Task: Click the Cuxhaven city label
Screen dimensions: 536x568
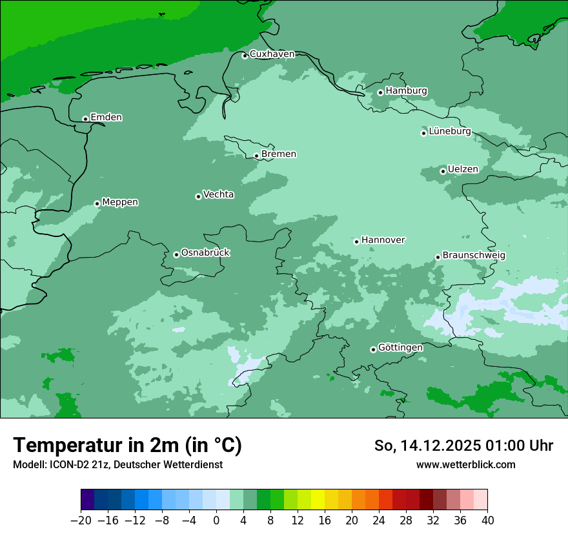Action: pyautogui.click(x=272, y=54)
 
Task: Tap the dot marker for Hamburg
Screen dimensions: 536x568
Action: pyautogui.click(x=380, y=92)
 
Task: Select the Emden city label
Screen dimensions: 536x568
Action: pyautogui.click(x=106, y=118)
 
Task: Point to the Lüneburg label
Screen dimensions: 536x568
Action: pyautogui.click(x=449, y=131)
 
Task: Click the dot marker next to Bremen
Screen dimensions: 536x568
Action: pyautogui.click(x=256, y=156)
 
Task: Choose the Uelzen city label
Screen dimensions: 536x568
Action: pyautogui.click(x=463, y=169)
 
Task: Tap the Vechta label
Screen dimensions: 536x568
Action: pyautogui.click(x=218, y=194)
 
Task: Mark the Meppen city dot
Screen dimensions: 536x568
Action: pyautogui.click(x=97, y=203)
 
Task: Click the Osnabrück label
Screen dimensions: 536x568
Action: pyautogui.click(x=205, y=253)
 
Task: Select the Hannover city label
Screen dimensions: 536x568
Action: pyautogui.click(x=383, y=240)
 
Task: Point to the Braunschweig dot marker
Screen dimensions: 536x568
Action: pyautogui.click(x=438, y=257)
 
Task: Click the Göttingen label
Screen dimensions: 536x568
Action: pyautogui.click(x=400, y=347)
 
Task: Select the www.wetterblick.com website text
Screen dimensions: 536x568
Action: pyautogui.click(x=465, y=464)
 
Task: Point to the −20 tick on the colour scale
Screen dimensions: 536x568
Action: pyautogui.click(x=81, y=521)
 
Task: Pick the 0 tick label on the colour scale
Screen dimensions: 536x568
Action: pyautogui.click(x=216, y=521)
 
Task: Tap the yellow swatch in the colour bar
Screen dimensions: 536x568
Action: pyautogui.click(x=318, y=500)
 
